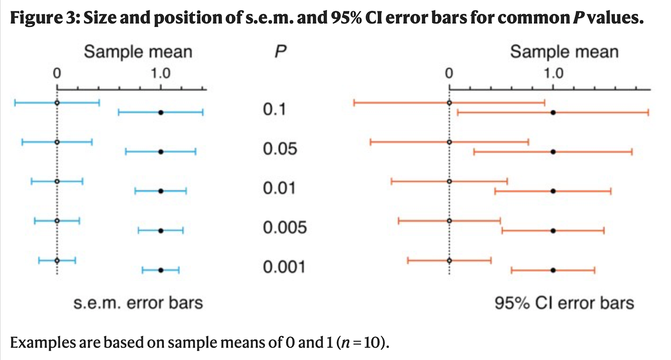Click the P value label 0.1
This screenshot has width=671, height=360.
tap(274, 110)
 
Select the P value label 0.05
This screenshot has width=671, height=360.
tap(279, 149)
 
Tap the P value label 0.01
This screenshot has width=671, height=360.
tap(279, 188)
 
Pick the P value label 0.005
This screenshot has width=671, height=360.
tap(284, 227)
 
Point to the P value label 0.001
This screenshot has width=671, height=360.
tap(284, 267)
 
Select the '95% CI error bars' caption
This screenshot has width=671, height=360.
tap(564, 303)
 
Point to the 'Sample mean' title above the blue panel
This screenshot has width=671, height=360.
tap(138, 52)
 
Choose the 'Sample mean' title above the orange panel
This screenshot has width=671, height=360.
tap(564, 52)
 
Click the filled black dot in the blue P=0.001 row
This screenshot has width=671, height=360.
tap(161, 270)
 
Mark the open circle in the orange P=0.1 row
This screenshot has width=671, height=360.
tap(449, 103)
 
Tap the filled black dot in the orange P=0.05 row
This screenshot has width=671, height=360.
tap(553, 151)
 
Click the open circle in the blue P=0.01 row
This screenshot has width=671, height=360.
tap(57, 181)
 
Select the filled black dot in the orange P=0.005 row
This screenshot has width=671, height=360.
tap(553, 231)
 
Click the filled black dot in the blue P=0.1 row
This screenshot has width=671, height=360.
tap(161, 112)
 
